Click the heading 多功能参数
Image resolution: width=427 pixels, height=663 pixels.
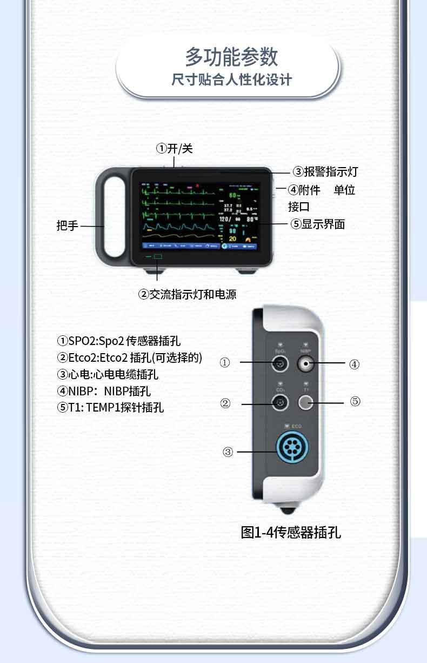click(231, 57)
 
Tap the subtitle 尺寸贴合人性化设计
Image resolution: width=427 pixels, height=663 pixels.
click(231, 80)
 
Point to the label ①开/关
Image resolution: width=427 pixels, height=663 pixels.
click(174, 148)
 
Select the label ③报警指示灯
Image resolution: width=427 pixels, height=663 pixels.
click(325, 172)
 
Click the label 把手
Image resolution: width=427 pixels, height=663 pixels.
click(68, 226)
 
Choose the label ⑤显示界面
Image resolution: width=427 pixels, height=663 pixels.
click(317, 224)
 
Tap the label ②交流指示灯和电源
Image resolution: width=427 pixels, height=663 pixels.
click(188, 294)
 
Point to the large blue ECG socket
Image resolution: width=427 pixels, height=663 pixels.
click(292, 448)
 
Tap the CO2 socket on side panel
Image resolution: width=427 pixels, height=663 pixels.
click(280, 402)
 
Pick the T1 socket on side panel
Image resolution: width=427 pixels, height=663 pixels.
click(306, 402)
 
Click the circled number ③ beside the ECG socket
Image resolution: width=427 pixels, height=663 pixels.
click(228, 452)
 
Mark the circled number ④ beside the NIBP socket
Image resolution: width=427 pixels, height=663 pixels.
click(354, 364)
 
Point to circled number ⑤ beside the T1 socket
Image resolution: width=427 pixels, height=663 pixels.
click(355, 401)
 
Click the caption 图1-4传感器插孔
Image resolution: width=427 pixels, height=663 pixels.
click(291, 532)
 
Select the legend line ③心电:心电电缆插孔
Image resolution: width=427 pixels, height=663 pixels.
click(108, 374)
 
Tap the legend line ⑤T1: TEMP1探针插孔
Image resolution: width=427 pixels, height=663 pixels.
click(110, 407)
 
